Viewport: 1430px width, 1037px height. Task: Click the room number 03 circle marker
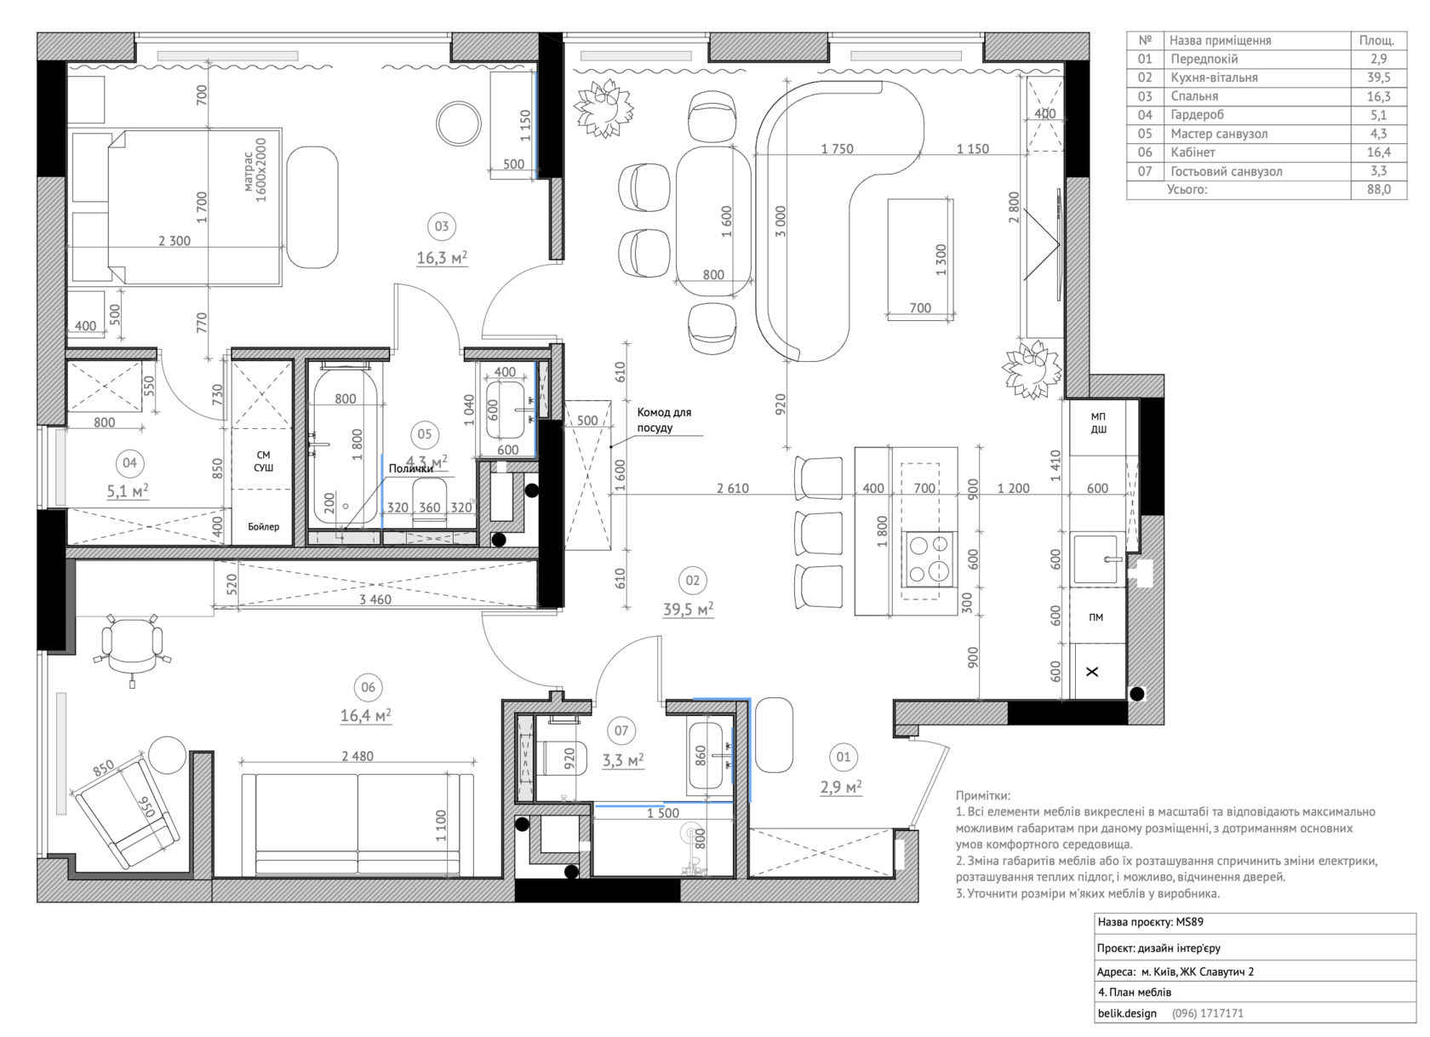(442, 226)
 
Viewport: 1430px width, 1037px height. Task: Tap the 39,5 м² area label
(688, 610)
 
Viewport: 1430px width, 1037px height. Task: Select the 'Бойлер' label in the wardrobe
(264, 527)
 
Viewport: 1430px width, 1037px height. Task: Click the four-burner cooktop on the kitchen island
(929, 559)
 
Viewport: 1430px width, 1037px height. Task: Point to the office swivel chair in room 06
(132, 648)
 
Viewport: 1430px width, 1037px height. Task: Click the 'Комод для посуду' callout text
(664, 421)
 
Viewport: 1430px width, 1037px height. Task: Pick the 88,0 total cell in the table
(1379, 190)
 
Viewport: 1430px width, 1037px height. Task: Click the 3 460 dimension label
(375, 599)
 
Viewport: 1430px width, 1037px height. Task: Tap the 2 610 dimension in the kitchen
(733, 489)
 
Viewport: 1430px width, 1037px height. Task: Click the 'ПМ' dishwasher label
(1096, 617)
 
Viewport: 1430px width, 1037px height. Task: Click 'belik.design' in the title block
(1127, 1013)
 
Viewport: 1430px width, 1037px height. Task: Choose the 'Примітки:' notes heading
(983, 795)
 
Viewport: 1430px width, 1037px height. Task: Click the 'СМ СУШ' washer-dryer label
(264, 461)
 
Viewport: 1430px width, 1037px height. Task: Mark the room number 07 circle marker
(621, 730)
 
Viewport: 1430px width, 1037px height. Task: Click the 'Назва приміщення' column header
(1220, 40)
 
